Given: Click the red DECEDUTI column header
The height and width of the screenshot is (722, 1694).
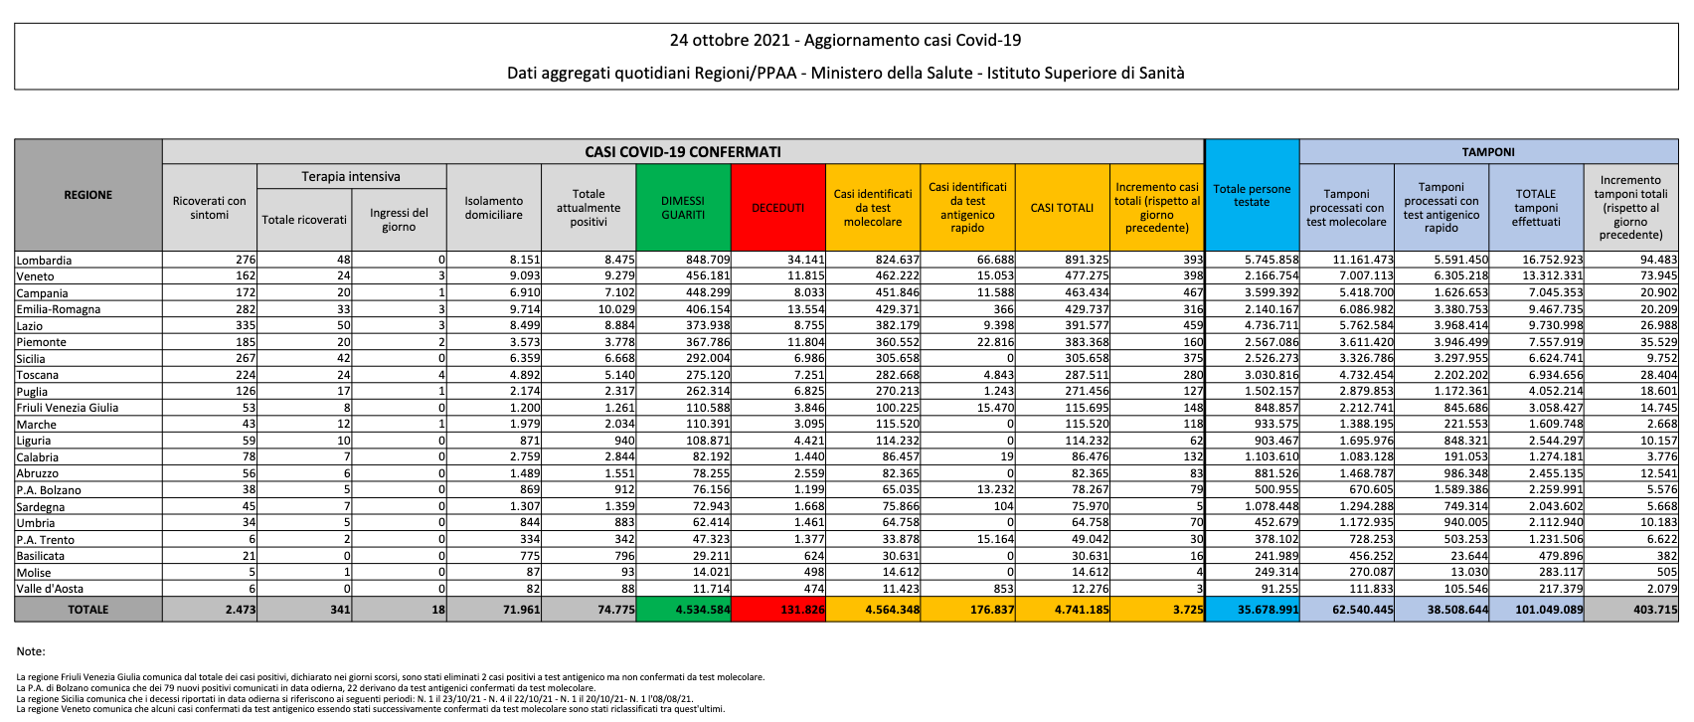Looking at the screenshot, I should [777, 208].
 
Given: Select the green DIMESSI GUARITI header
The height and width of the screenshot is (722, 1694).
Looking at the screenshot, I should [683, 208].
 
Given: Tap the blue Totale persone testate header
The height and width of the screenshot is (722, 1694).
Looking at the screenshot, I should [1252, 195].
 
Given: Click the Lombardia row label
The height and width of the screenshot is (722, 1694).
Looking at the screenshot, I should [44, 261].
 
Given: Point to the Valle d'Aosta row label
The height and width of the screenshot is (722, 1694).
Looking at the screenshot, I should [50, 589].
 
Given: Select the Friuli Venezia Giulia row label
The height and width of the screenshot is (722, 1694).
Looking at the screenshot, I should [68, 408].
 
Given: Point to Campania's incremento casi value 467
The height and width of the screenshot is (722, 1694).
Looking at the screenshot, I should [1191, 293].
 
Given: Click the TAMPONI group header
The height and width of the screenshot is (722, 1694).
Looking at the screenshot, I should [1488, 152].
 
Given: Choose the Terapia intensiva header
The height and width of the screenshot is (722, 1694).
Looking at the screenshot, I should [351, 177].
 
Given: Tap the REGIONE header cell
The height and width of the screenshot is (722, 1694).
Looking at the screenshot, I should [88, 195].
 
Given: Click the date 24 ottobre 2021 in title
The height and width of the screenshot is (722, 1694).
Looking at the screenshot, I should [731, 41].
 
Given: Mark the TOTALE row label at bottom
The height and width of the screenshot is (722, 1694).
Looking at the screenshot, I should [88, 610].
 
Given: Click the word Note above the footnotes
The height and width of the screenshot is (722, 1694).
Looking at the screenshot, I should [31, 651].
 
